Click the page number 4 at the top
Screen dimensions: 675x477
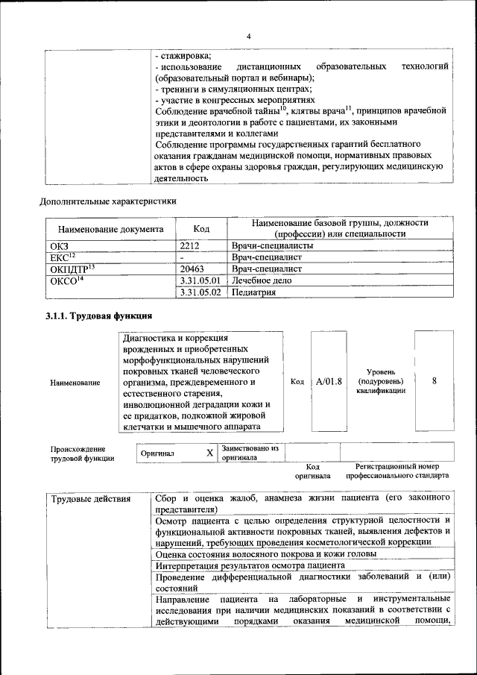pyautogui.click(x=249, y=37)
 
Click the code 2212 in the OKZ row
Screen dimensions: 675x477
pyautogui.click(x=192, y=245)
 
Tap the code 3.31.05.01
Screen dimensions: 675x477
pyautogui.click(x=200, y=280)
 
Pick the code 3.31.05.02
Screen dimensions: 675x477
pyautogui.click(x=200, y=292)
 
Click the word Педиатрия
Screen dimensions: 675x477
pyautogui.click(x=253, y=292)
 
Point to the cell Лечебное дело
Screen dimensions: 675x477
pyautogui.click(x=262, y=280)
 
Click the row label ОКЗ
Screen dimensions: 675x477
pyautogui.click(x=59, y=245)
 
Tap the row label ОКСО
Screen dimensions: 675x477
pyautogui.click(x=66, y=280)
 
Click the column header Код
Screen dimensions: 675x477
pyautogui.click(x=200, y=228)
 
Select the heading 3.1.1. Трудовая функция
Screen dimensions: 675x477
pyautogui.click(x=99, y=316)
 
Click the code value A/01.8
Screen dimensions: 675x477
pyautogui.click(x=328, y=382)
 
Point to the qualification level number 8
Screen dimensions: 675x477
pyautogui.click(x=434, y=382)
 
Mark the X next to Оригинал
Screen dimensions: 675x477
pyautogui.click(x=209, y=453)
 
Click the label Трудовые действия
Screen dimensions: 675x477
pyautogui.click(x=90, y=498)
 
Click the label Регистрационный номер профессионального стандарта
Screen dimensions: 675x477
pyautogui.click(x=397, y=470)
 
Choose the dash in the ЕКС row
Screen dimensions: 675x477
pyautogui.click(x=182, y=257)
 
